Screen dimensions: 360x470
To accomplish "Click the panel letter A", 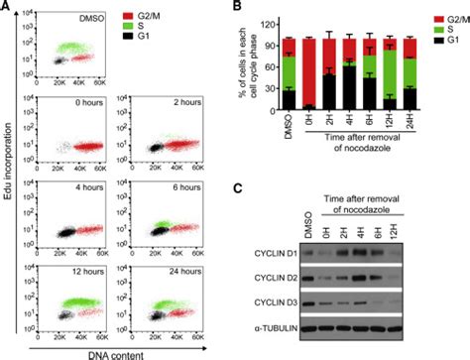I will click(x=7, y=8).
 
